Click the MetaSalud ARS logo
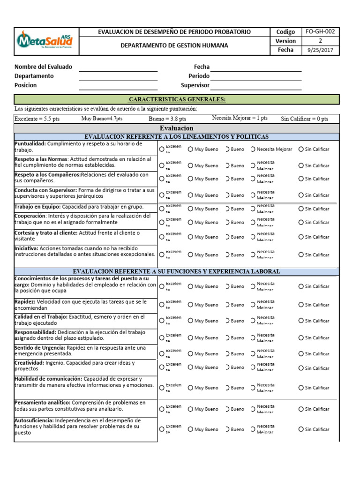tap(45, 41)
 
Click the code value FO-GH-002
tap(320, 32)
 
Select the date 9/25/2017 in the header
tap(320, 50)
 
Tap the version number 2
tap(320, 41)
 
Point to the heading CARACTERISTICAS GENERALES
tap(177, 99)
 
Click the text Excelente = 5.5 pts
tap(37, 119)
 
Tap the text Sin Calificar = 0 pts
tap(304, 119)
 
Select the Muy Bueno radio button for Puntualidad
tap(190, 149)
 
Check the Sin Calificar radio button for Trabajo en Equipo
tap(301, 209)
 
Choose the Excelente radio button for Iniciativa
tap(162, 255)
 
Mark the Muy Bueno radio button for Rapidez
tap(190, 305)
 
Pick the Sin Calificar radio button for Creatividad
tap(301, 368)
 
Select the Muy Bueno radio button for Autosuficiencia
tap(190, 429)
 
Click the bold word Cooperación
tap(30, 216)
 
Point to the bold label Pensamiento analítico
tap(42, 403)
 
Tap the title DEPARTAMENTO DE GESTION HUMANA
tap(174, 45)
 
